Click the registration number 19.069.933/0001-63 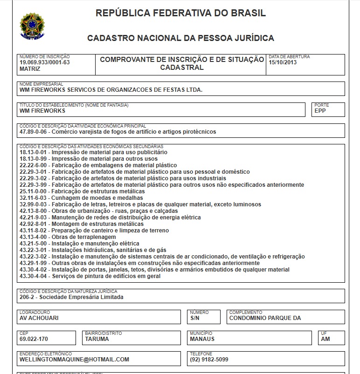(x=45, y=62)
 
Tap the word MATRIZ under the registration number (x=30, y=68)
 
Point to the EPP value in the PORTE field (x=320, y=111)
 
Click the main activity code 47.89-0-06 (x=34, y=132)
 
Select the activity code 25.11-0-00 (x=34, y=191)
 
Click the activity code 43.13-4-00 (x=34, y=237)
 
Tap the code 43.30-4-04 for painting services (x=34, y=276)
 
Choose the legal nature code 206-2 (x=28, y=297)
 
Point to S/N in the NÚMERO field (x=195, y=319)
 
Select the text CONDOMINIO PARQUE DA (x=265, y=319)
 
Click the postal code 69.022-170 (x=34, y=339)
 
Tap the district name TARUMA (x=97, y=339)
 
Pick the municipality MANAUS (x=202, y=339)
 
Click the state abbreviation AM (x=325, y=339)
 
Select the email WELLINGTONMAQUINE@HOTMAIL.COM (x=74, y=360)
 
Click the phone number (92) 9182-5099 (x=209, y=360)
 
